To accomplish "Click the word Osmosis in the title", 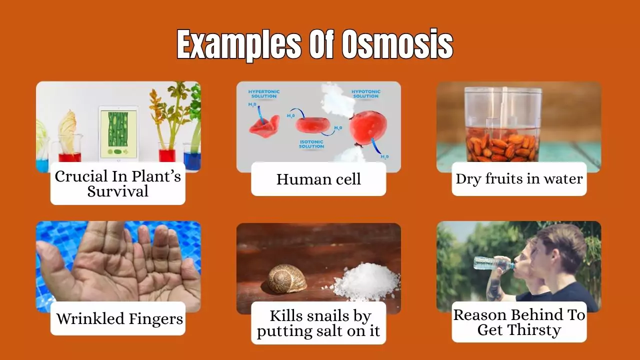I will point(397,45).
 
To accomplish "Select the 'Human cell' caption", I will point(318,179).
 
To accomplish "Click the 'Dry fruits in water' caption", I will point(519,179).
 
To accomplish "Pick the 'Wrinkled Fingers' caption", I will point(119,318).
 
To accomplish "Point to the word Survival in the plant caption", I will point(118,191).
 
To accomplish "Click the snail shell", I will point(287,279).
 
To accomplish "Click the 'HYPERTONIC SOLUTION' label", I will point(263,94).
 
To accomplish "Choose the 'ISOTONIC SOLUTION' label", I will point(311,144).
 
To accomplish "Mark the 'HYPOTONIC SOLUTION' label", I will point(365,94).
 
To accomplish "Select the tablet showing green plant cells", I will point(118,133).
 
